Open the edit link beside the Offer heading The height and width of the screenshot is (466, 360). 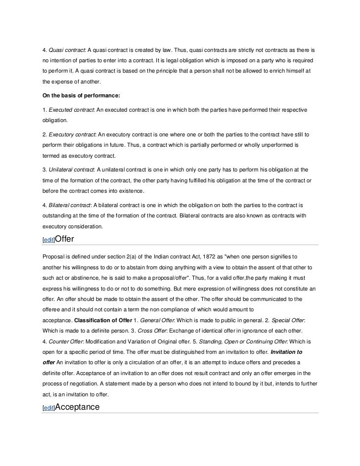48,240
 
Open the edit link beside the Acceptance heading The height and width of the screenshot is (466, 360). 48,408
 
